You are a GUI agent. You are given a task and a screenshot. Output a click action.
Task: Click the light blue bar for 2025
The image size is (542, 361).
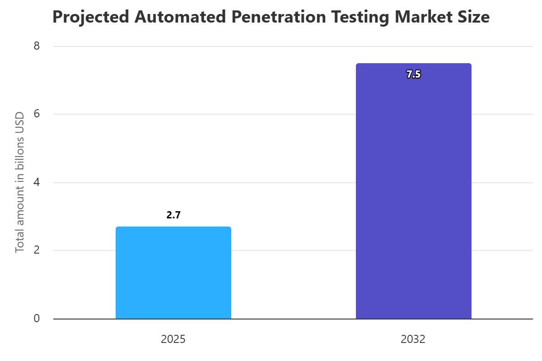tap(173, 273)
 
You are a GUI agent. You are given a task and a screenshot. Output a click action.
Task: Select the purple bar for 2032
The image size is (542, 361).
tap(413, 191)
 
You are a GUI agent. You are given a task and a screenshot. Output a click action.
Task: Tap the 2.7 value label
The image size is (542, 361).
tap(173, 215)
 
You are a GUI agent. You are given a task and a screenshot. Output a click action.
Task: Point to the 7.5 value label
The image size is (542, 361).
tap(413, 75)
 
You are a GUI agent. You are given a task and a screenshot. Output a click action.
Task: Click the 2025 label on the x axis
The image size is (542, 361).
tap(173, 339)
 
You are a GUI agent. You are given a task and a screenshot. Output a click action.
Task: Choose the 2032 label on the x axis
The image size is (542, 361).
tap(413, 339)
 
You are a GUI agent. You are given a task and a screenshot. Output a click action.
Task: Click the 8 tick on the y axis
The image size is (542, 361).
tap(37, 46)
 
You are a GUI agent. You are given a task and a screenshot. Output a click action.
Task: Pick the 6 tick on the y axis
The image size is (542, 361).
tap(37, 114)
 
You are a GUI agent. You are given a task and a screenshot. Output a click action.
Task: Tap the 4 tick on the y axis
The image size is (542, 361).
tap(37, 182)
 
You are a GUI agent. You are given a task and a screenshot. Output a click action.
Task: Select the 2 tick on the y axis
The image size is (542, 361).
tap(37, 250)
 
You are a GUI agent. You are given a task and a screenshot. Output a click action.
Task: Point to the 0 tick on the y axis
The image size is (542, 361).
tap(37, 319)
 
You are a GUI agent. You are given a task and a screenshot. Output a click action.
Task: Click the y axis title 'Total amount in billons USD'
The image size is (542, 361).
tap(19, 182)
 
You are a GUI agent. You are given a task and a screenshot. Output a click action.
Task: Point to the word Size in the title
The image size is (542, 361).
tap(475, 17)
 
